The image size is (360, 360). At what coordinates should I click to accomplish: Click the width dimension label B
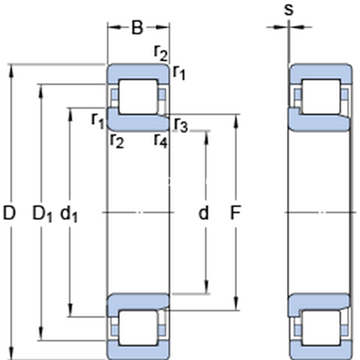pyautogui.click(x=137, y=27)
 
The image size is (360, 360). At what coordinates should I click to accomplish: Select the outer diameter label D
pyautogui.click(x=10, y=212)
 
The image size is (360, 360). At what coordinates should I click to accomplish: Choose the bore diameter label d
pyautogui.click(x=204, y=212)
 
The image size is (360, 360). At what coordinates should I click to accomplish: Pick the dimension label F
pyautogui.click(x=236, y=212)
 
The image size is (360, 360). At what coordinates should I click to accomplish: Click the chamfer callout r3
pyautogui.click(x=181, y=125)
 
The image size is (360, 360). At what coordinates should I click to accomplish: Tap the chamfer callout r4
pyautogui.click(x=160, y=141)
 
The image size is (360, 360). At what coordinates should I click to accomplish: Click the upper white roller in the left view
pyautogui.click(x=137, y=96)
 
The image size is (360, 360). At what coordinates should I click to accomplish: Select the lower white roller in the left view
pyautogui.click(x=137, y=328)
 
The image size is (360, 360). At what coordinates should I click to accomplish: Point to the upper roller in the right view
pyautogui.click(x=320, y=96)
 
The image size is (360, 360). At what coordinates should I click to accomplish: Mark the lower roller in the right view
pyautogui.click(x=320, y=328)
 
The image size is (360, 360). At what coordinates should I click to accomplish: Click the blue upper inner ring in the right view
pyautogui.click(x=318, y=122)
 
